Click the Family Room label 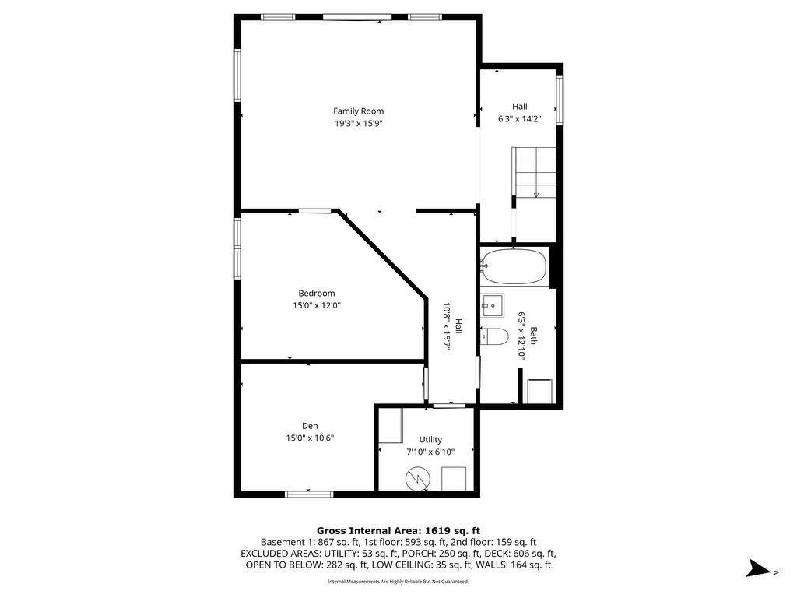358,111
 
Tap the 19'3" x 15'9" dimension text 358,124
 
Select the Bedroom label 317,293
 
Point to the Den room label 310,426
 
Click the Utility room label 430,439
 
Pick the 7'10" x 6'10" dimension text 430,452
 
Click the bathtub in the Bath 514,266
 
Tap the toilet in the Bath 494,336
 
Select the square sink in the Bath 492,306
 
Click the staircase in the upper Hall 535,173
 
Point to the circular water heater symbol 417,479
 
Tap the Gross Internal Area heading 398,531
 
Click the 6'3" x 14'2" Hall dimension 519,119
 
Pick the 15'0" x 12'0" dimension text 317,305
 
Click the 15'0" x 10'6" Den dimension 310,438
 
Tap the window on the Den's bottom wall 309,494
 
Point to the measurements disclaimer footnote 398,581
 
